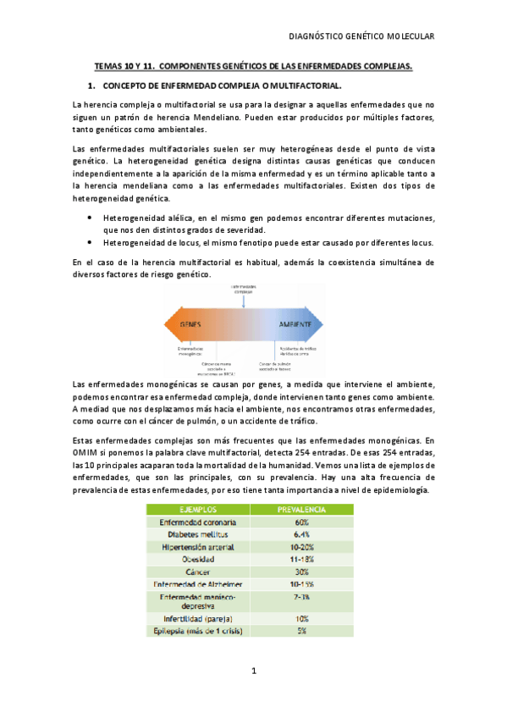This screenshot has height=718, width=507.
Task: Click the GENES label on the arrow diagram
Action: point(192,325)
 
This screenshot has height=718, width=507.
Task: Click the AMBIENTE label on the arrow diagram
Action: point(298,325)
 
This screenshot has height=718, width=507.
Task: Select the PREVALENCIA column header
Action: point(302,510)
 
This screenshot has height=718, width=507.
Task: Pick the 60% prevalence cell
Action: point(302,522)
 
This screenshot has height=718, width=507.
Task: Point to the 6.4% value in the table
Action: point(302,534)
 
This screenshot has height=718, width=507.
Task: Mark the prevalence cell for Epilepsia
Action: point(302,631)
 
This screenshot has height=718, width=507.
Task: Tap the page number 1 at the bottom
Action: point(253,671)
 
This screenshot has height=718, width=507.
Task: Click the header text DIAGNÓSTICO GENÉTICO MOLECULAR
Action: point(361,36)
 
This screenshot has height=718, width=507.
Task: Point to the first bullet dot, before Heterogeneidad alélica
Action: point(90,218)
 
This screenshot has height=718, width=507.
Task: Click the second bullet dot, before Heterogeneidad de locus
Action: point(90,241)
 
